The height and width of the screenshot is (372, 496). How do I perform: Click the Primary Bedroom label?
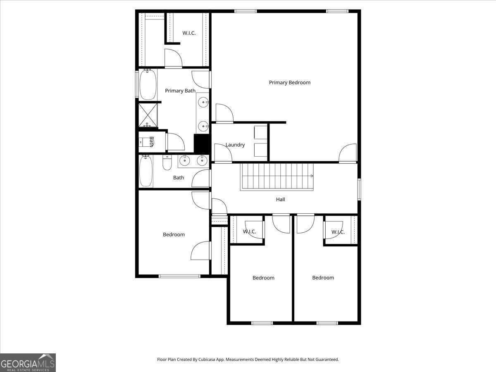point(289,83)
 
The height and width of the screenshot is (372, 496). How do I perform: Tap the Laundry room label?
point(235,145)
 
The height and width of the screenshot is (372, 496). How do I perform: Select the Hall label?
point(281,200)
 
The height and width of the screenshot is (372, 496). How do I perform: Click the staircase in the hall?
point(277,176)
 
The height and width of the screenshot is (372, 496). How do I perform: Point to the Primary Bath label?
point(180,91)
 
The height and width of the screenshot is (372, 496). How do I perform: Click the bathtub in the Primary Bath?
point(148,85)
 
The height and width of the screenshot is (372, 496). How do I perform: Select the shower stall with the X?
point(148,115)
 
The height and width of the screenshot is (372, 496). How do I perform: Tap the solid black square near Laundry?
point(202,144)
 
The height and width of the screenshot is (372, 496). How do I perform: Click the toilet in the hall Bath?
point(167,164)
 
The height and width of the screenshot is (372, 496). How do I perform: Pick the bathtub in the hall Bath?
point(146,171)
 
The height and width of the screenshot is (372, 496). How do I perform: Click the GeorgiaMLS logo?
point(28,362)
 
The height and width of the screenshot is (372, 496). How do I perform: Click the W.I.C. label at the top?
point(189,33)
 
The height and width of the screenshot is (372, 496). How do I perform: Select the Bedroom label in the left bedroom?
point(174,235)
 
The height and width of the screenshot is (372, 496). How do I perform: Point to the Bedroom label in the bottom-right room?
point(323,278)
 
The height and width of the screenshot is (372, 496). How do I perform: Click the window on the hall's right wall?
point(359,189)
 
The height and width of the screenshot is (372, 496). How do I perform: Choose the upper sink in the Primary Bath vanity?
point(203,102)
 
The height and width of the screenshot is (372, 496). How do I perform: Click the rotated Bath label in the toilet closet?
point(151,142)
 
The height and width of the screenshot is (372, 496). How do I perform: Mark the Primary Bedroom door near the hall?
point(348,153)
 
